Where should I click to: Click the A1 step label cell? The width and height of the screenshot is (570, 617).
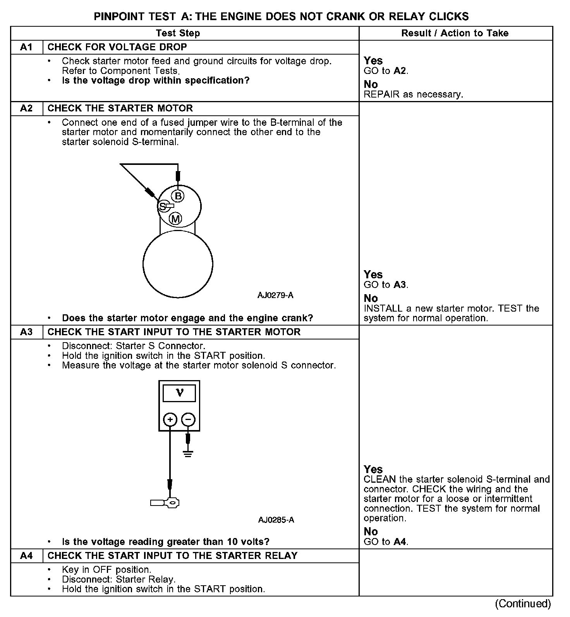pyautogui.click(x=26, y=47)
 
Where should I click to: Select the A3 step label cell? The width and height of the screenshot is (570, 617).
pyautogui.click(x=26, y=332)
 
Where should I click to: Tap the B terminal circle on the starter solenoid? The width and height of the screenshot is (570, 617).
pyautogui.click(x=178, y=196)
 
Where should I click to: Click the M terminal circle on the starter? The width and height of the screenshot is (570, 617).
pyautogui.click(x=176, y=219)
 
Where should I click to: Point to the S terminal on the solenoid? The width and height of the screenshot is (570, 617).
pyautogui.click(x=163, y=206)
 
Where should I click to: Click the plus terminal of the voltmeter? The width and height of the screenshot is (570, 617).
pyautogui.click(x=170, y=420)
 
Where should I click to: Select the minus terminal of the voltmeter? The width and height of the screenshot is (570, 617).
pyautogui.click(x=188, y=420)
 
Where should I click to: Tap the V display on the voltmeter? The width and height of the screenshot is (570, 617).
pyautogui.click(x=179, y=394)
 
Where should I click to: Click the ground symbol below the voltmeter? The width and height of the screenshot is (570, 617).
pyautogui.click(x=188, y=453)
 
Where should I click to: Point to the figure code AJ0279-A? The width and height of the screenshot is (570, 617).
pyautogui.click(x=275, y=295)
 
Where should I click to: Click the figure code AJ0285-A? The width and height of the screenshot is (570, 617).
pyautogui.click(x=276, y=520)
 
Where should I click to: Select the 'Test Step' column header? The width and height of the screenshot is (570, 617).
pyautogui.click(x=178, y=33)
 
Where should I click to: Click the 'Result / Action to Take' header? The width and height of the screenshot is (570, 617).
pyautogui.click(x=455, y=33)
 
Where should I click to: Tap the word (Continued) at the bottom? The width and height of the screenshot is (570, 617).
pyautogui.click(x=522, y=603)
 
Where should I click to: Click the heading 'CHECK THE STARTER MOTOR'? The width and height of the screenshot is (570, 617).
pyautogui.click(x=120, y=108)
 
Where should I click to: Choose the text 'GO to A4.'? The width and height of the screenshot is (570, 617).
pyautogui.click(x=386, y=542)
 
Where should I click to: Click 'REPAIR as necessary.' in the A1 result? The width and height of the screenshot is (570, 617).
pyautogui.click(x=413, y=94)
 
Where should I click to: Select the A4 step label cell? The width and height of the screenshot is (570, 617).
pyautogui.click(x=26, y=556)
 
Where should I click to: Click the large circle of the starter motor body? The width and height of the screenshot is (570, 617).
pyautogui.click(x=178, y=264)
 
